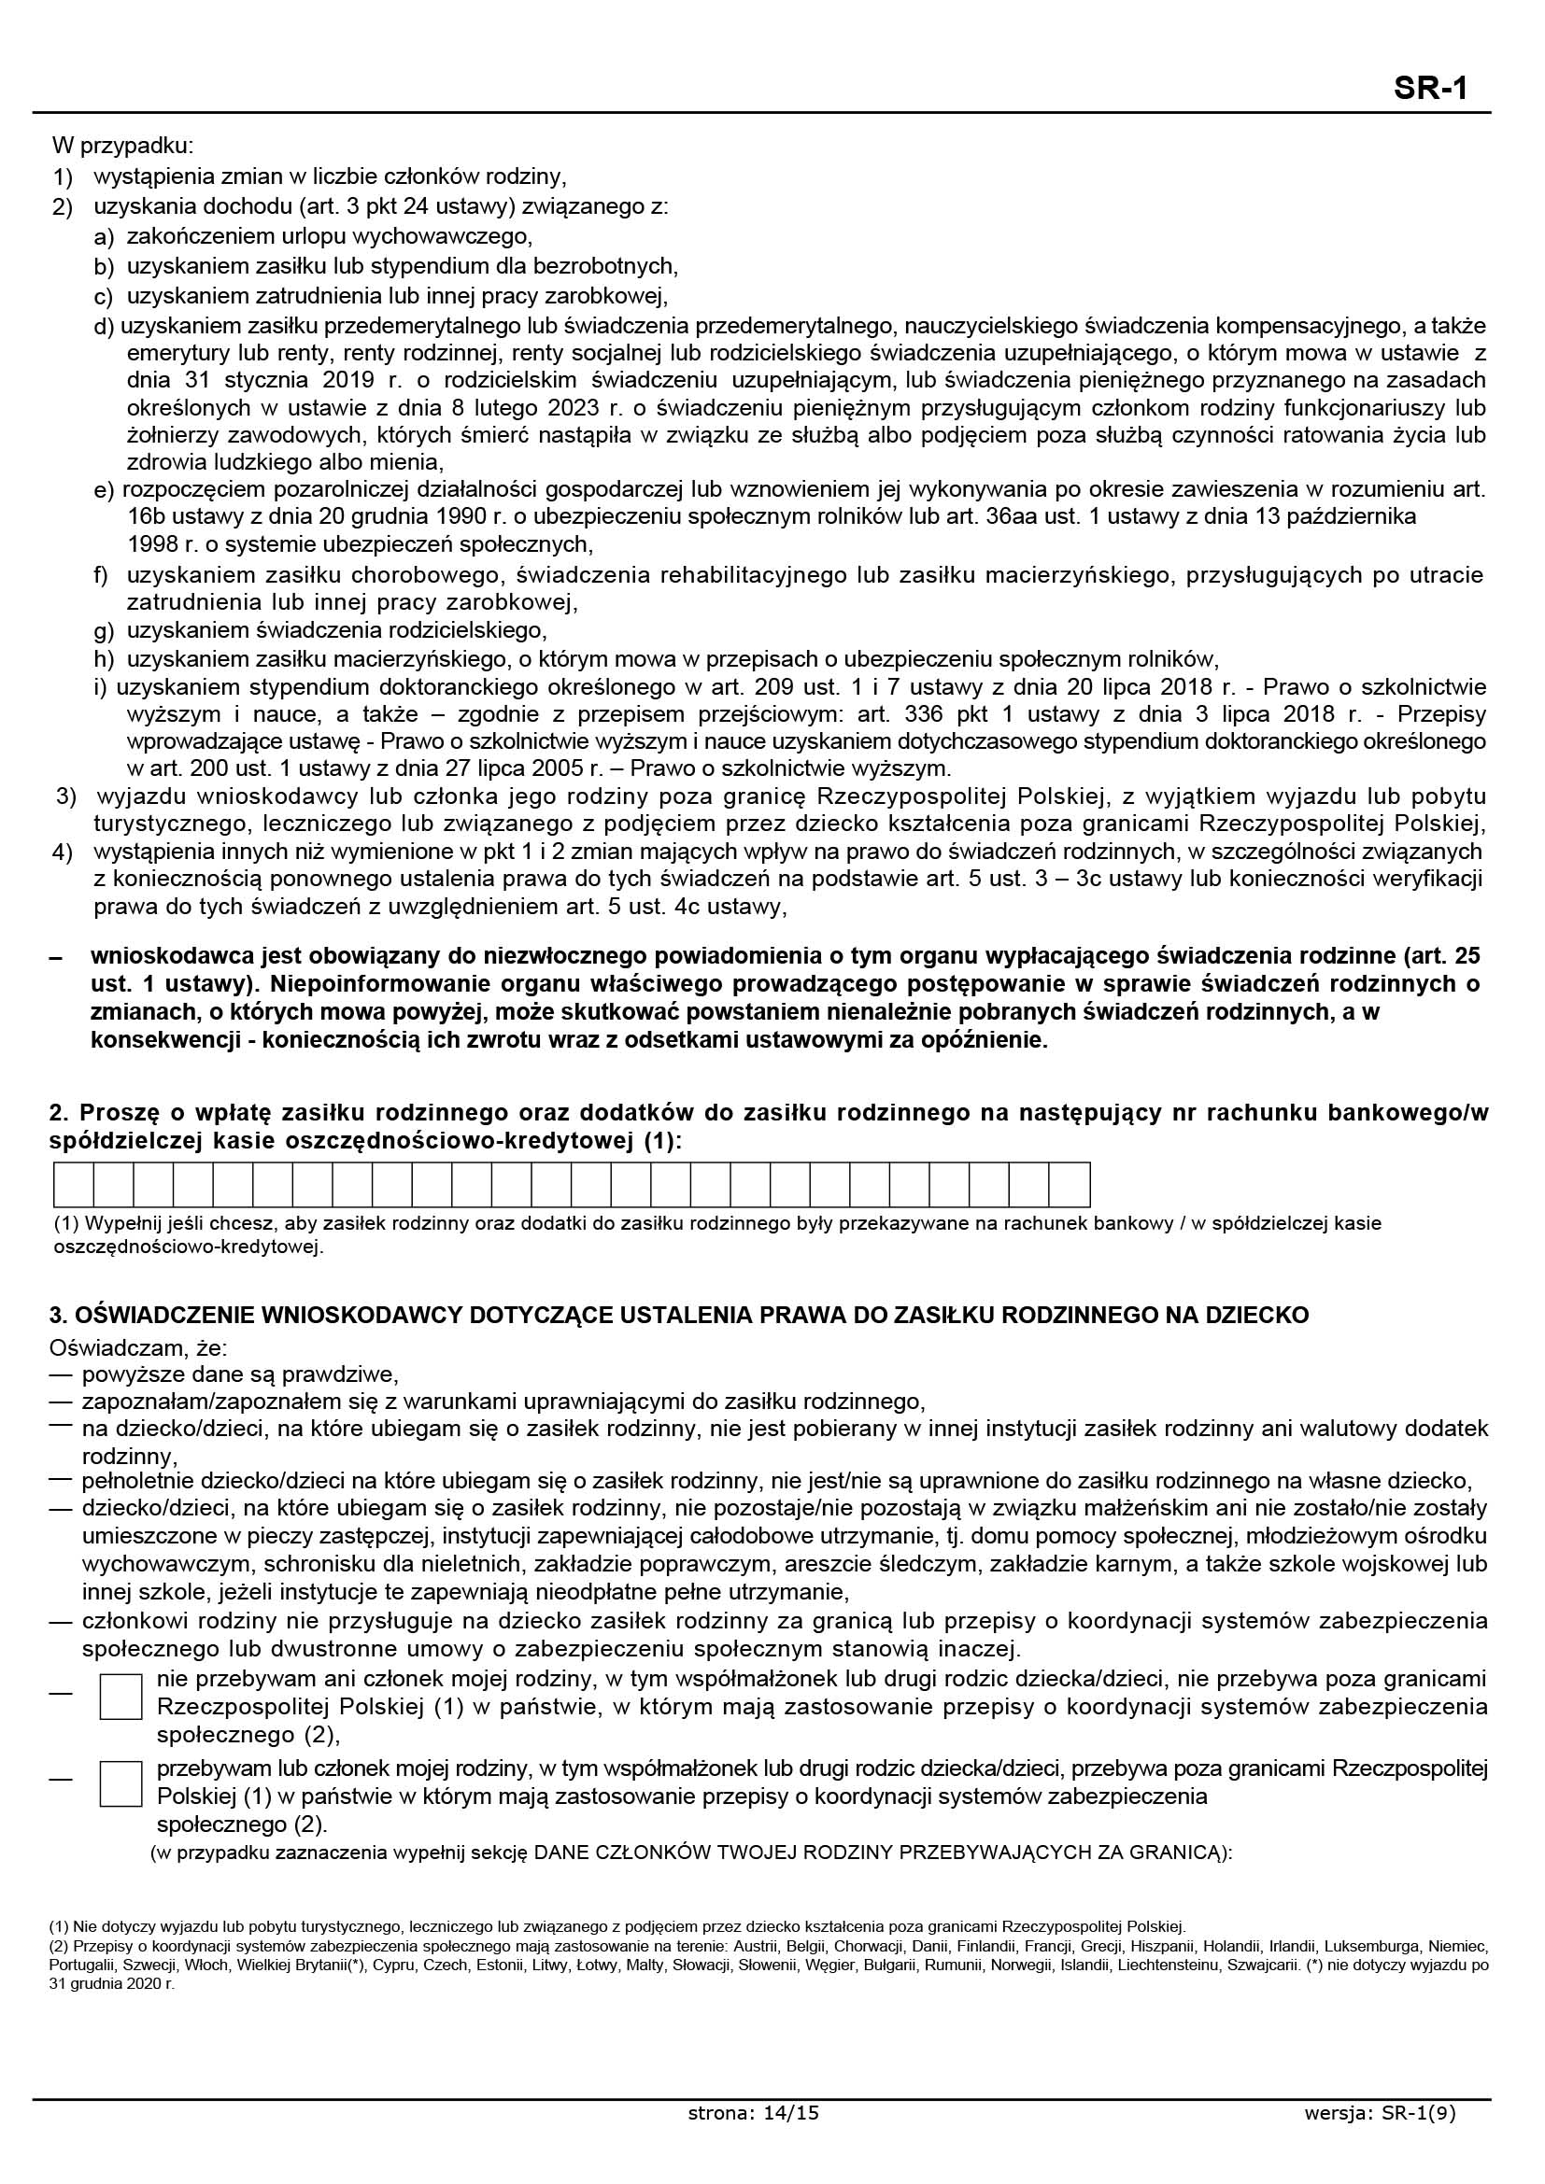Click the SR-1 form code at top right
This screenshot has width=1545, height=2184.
1431,89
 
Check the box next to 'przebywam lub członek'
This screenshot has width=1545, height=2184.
120,1784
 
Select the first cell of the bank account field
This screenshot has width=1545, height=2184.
74,1184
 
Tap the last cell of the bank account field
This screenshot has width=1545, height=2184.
1070,1184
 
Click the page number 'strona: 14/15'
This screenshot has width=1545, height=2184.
753,2140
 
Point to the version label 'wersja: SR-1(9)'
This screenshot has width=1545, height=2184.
1381,2140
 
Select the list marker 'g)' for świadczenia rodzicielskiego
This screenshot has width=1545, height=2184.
104,630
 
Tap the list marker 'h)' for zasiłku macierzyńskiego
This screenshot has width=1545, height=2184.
104,659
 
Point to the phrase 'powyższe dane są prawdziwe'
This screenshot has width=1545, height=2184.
239,1374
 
